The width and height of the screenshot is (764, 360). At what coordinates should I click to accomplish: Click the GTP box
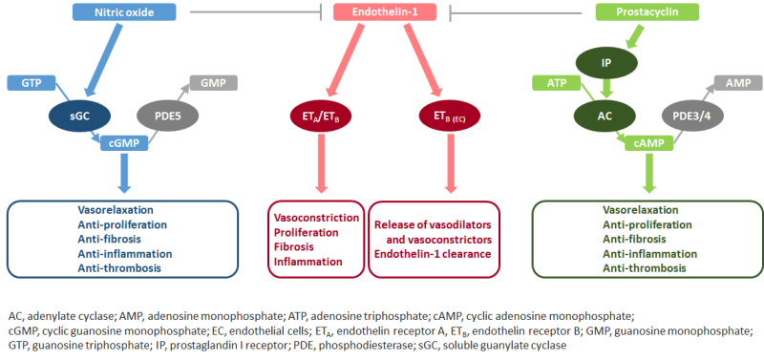tap(30, 83)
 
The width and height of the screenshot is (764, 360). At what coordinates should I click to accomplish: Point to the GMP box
tap(212, 83)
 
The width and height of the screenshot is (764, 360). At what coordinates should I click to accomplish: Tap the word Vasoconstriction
tap(317, 217)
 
